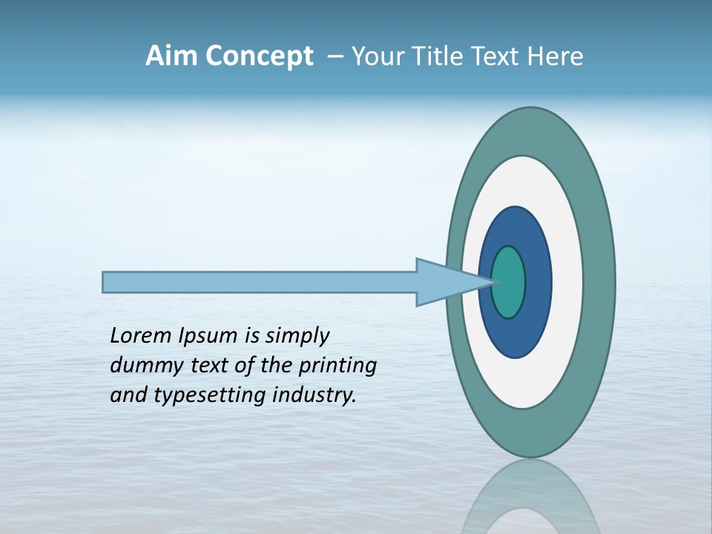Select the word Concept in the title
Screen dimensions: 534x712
click(x=260, y=57)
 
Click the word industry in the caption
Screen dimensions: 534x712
click(x=314, y=395)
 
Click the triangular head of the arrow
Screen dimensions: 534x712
click(x=445, y=282)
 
